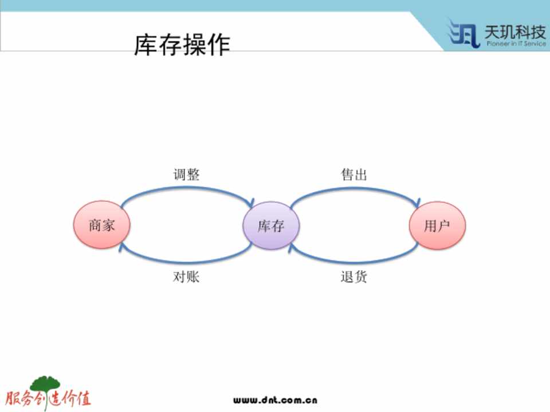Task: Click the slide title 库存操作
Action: tap(182, 45)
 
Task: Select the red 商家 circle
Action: tap(102, 224)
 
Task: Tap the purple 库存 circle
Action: tap(271, 225)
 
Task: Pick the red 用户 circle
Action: tap(437, 225)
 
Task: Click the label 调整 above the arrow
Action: tap(186, 174)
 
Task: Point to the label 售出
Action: tap(354, 174)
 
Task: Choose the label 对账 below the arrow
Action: tap(186, 277)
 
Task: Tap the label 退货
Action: tap(354, 277)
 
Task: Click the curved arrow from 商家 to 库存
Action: tap(186, 188)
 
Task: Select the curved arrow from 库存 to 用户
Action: tap(354, 188)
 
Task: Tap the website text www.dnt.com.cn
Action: tap(276, 400)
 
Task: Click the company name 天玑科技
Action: tap(515, 32)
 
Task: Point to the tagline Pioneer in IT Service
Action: tap(516, 44)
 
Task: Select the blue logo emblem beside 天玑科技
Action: tap(463, 33)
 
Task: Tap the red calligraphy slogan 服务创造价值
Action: tap(48, 399)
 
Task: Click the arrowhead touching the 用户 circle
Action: tap(417, 203)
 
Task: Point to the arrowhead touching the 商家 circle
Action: tap(121, 247)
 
